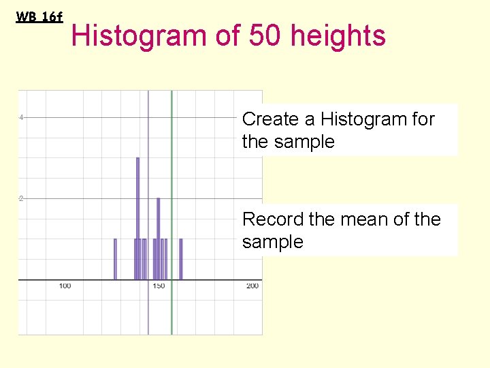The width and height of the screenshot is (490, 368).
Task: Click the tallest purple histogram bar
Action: point(137,218)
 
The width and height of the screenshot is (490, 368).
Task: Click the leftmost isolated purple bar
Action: point(115,259)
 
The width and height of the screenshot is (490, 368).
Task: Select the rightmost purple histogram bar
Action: point(181,259)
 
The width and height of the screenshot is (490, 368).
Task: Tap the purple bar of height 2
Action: point(159,239)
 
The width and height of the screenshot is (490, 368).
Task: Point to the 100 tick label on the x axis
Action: point(65,286)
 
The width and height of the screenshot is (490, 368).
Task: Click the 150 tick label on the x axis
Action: point(159,286)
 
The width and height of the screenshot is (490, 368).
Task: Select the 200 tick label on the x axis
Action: point(252,286)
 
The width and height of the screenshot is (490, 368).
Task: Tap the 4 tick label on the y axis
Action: point(21,117)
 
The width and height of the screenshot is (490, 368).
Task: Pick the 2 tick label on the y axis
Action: point(21,198)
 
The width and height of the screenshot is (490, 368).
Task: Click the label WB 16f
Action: point(39,17)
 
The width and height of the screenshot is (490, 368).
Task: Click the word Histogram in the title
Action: point(140,35)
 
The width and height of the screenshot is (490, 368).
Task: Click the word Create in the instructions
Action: point(270,119)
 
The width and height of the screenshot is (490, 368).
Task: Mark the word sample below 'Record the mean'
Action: point(272,242)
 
